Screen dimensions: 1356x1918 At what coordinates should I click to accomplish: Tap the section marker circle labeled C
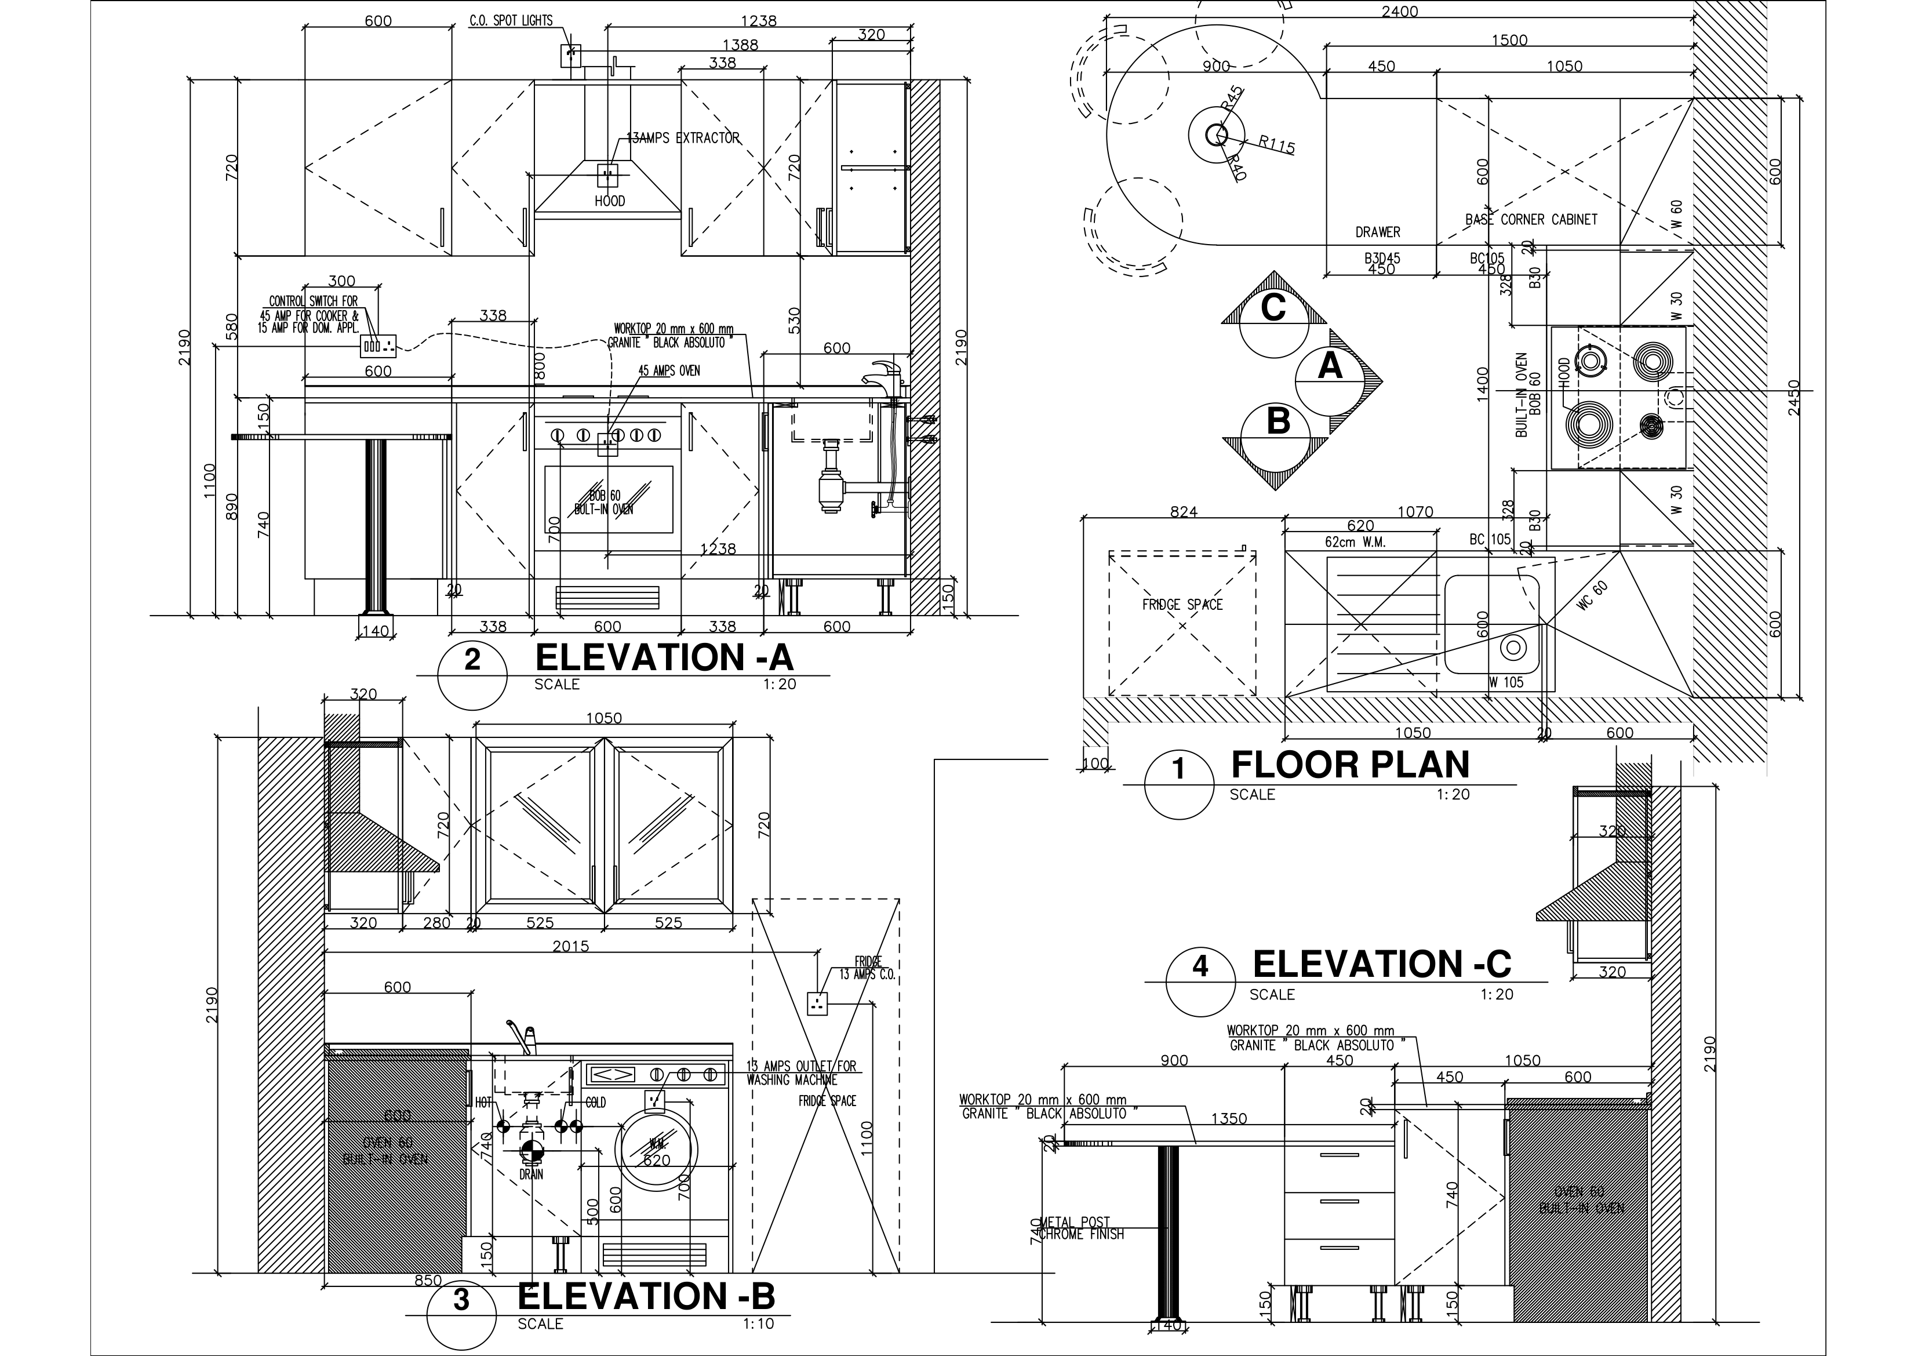pyautogui.click(x=1273, y=308)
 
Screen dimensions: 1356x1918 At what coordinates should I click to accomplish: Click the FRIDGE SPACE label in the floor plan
pyautogui.click(x=1182, y=604)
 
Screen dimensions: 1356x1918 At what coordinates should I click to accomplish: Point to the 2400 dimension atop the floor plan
pyautogui.click(x=1399, y=12)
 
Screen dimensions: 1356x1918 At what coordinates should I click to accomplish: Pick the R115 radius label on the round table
pyautogui.click(x=1276, y=146)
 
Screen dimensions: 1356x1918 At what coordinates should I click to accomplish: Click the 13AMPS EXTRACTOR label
pyautogui.click(x=683, y=138)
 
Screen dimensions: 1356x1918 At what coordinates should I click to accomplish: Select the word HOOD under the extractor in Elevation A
pyautogui.click(x=610, y=201)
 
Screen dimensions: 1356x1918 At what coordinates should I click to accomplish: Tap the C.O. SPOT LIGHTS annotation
pyautogui.click(x=511, y=21)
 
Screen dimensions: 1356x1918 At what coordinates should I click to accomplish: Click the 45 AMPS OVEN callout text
pyautogui.click(x=669, y=370)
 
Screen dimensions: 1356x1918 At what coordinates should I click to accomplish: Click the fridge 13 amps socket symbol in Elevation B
pyautogui.click(x=817, y=1002)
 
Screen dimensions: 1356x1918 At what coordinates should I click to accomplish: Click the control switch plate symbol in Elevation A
pyautogui.click(x=377, y=345)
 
